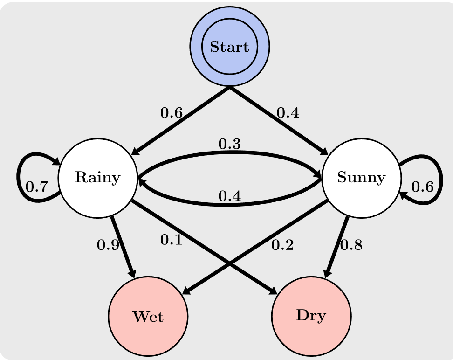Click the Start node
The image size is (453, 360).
(230, 46)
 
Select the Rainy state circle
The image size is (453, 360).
(98, 178)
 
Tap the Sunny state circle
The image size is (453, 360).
(361, 178)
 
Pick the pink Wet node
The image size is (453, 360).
(148, 316)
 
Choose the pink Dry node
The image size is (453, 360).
(311, 316)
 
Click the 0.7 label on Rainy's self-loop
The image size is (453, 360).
(37, 187)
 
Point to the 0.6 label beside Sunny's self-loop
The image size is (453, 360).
(422, 187)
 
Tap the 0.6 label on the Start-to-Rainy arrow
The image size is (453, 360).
(172, 112)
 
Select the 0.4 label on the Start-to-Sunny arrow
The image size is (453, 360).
(288, 112)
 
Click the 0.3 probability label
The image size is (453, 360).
(230, 144)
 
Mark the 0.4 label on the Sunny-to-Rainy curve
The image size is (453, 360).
(230, 196)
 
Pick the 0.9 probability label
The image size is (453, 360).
(108, 245)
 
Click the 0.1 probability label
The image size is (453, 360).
(172, 239)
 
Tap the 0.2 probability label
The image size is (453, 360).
(282, 245)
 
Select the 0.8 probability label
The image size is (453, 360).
(351, 245)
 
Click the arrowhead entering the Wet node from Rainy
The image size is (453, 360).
(133, 273)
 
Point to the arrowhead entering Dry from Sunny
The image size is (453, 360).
(327, 273)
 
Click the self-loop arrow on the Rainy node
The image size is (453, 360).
(18, 178)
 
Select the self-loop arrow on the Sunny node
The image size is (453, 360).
(441, 179)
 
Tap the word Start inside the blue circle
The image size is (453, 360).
(229, 47)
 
